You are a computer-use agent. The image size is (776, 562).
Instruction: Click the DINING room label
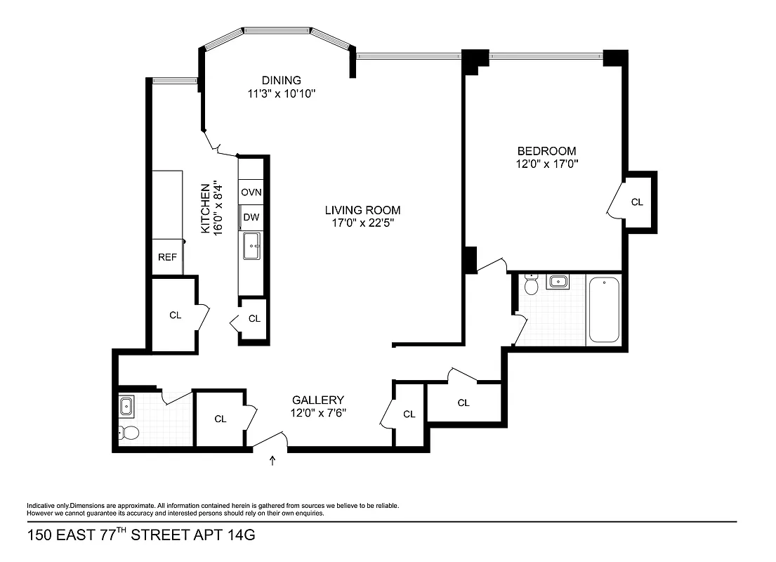(281, 80)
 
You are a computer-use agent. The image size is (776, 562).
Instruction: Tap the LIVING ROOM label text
(362, 210)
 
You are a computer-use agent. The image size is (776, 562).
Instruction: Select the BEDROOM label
(546, 151)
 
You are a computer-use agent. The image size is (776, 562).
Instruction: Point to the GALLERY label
(318, 399)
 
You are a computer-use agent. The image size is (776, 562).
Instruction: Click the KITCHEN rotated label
(206, 209)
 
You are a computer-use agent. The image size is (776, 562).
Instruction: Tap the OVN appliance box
(251, 192)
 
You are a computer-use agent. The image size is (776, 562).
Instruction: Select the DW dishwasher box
(251, 218)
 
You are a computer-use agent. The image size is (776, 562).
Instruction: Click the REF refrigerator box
(167, 257)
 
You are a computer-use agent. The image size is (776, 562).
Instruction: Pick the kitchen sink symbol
(251, 247)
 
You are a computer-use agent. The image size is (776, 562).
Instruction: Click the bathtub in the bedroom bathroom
(603, 309)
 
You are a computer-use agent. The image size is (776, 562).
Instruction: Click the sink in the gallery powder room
(127, 405)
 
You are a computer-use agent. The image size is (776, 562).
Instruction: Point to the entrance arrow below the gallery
(273, 461)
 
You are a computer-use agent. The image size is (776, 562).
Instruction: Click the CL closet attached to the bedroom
(637, 202)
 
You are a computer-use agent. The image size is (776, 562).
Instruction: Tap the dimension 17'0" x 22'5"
(362, 223)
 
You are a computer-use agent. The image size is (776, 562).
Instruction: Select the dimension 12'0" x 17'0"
(546, 164)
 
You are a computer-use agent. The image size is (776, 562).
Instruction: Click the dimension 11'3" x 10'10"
(281, 93)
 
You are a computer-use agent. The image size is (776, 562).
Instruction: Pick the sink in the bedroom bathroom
(558, 282)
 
